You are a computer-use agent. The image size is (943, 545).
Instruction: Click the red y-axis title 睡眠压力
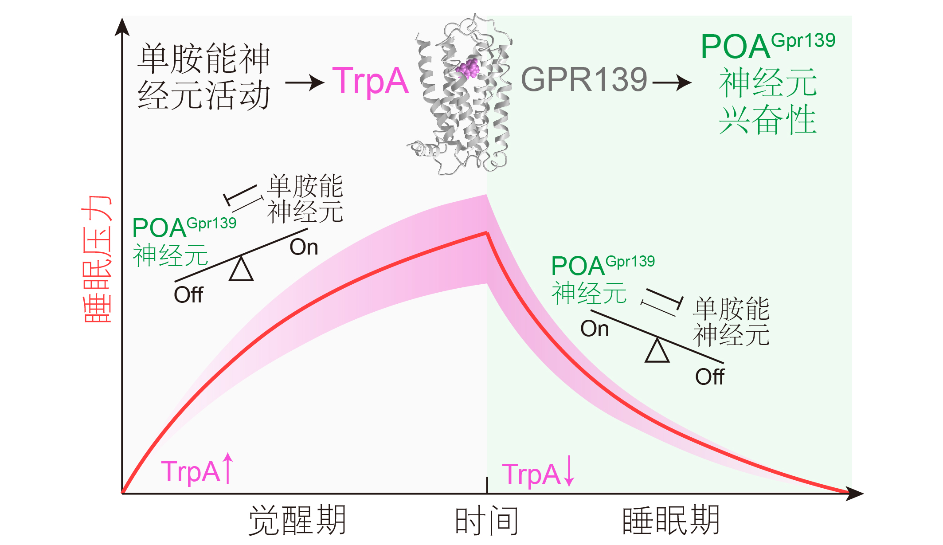[97, 259]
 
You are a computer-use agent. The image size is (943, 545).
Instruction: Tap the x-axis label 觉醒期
[297, 520]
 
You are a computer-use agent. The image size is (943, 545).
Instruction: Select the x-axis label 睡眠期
[671, 520]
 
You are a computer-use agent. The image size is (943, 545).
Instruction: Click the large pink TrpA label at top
[370, 82]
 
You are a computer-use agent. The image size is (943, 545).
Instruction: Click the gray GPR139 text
[584, 79]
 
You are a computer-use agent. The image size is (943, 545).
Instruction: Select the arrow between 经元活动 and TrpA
[305, 82]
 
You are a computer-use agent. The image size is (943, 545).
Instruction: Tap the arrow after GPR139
[672, 82]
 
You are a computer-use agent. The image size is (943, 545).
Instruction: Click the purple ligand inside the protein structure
[468, 68]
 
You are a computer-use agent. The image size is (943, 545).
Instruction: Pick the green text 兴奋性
[768, 120]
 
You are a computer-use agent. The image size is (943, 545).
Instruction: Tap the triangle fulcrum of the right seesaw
[657, 350]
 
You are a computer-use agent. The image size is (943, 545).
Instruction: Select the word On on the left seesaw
[304, 247]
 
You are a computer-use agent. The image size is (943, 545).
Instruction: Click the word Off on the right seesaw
[709, 377]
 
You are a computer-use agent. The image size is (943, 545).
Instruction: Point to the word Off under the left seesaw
[188, 295]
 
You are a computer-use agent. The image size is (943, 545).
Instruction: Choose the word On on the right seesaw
[595, 329]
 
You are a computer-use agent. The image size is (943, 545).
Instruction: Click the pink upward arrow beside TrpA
[227, 468]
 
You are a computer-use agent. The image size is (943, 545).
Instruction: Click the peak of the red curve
[487, 232]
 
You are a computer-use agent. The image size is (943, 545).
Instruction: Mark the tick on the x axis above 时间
[487, 485]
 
